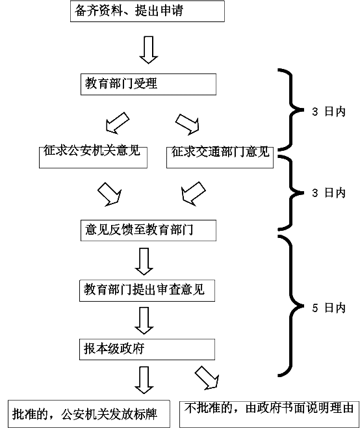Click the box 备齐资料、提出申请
pos(148,11)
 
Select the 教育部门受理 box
pos(148,85)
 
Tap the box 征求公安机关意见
pos(93,157)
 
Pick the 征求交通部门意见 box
pos(220,157)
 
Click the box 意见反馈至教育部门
pos(148,230)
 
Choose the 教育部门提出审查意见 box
pos(148,291)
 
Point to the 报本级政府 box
pos(148,349)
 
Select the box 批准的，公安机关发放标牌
pos(89,414)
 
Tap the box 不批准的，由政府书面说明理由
pos(269,414)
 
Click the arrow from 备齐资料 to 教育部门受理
pos(149,50)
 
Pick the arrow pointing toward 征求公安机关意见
pos(118,123)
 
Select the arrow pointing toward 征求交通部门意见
pos(188,124)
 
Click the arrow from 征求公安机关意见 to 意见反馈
pos(110,194)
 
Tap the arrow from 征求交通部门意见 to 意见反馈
pos(193,194)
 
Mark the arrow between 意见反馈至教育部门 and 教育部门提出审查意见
pos(144,261)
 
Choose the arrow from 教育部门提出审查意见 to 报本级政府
pos(144,321)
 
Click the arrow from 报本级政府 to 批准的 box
pos(144,380)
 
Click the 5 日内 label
pos(329,308)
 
